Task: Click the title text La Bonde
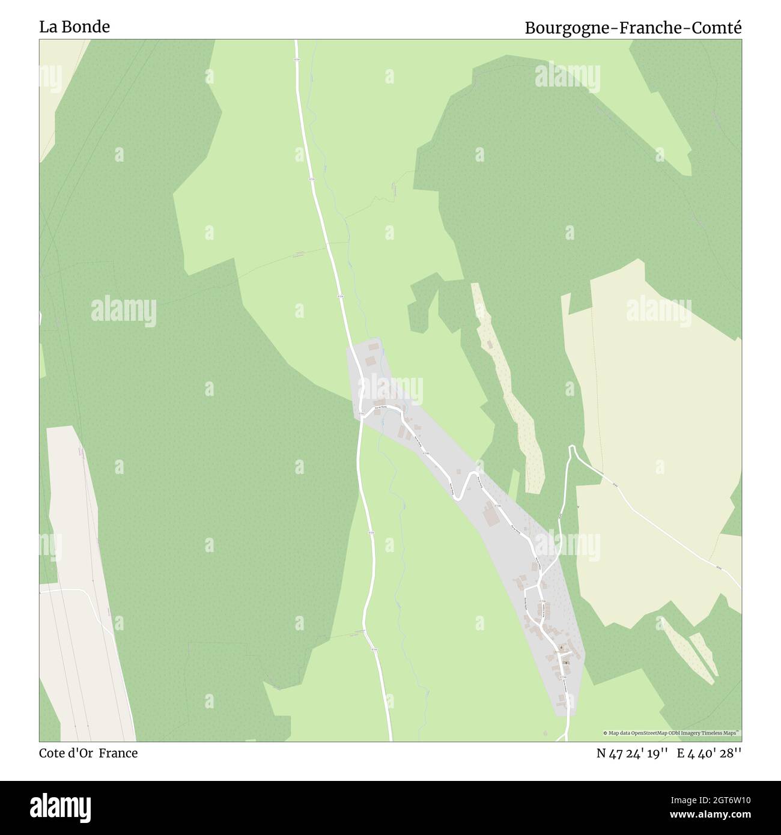(x=74, y=27)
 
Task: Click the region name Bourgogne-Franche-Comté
(x=633, y=28)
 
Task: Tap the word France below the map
(x=118, y=753)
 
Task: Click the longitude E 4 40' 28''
(x=710, y=754)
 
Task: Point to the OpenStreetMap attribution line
(x=672, y=733)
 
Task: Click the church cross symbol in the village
(x=565, y=663)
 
